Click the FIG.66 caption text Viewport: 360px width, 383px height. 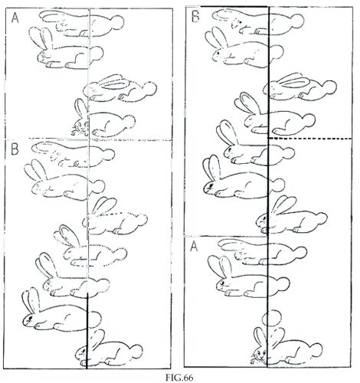click(x=178, y=377)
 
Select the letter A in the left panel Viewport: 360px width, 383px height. click(x=15, y=18)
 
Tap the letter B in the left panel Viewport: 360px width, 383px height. click(x=15, y=149)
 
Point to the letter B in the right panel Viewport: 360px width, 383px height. click(x=196, y=16)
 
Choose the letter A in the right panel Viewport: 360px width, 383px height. click(x=195, y=247)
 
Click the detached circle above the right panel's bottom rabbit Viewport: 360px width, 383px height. click(x=272, y=317)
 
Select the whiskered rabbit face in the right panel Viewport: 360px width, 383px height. click(x=259, y=355)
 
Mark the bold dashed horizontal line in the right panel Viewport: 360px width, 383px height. click(x=309, y=138)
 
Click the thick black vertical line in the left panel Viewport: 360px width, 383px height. click(x=87, y=331)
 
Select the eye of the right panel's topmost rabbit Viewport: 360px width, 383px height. click(x=240, y=23)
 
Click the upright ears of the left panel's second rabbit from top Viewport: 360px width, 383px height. click(x=41, y=38)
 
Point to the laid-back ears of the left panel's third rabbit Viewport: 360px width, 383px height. click(x=113, y=82)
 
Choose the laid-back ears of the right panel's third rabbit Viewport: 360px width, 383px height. click(x=293, y=80)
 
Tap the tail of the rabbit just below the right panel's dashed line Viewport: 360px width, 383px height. click(x=288, y=152)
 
